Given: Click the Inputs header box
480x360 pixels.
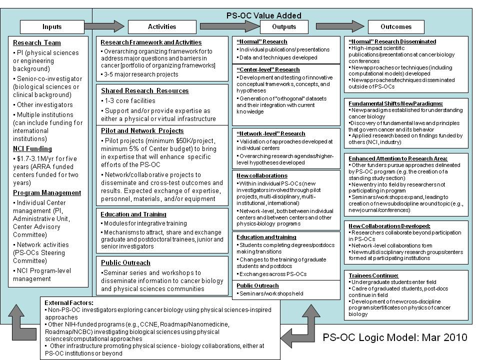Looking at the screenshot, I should pos(52,27).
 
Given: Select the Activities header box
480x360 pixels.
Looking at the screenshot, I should pos(162,27).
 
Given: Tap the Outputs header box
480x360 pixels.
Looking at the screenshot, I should pos(284,27).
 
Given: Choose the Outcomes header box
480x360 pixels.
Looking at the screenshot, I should pos(396,27).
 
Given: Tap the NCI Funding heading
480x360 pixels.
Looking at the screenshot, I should pos(32,148).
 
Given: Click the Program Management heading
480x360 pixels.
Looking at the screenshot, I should pos(47,192).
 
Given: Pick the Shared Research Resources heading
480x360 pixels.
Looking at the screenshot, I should pos(144,91).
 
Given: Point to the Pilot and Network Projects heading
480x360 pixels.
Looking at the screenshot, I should pos(142,131).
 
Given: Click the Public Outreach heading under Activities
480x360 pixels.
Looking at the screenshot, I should pos(125,262).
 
